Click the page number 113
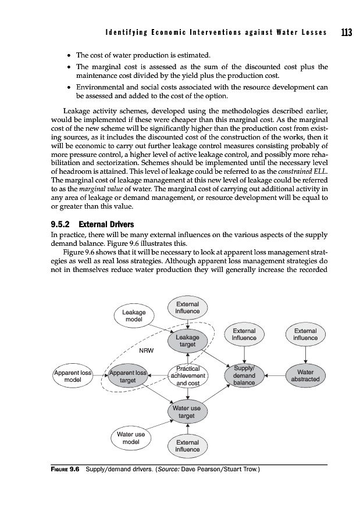pos(347,33)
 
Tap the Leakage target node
pos(187,341)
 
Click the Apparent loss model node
pos(73,375)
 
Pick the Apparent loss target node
pos(128,375)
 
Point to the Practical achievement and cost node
pos(187,375)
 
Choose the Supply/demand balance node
pos(244,375)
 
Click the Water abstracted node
pos(305,375)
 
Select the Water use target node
pos(187,412)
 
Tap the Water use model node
pos(131,438)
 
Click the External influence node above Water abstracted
pos(305,334)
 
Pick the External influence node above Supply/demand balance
pos(244,334)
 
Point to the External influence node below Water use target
pos(187,446)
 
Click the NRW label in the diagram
pos(145,350)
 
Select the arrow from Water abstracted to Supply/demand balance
pos(274,376)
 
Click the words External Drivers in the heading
pos(106,223)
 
